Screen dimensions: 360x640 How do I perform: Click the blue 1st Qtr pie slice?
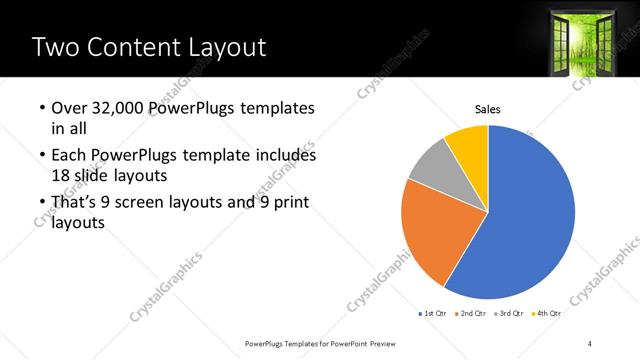point(530,220)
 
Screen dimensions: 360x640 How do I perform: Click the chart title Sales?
point(487,110)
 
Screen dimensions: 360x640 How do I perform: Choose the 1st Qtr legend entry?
point(431,314)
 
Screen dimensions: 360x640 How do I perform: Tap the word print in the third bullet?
point(289,203)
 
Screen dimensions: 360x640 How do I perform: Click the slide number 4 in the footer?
point(590,343)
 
